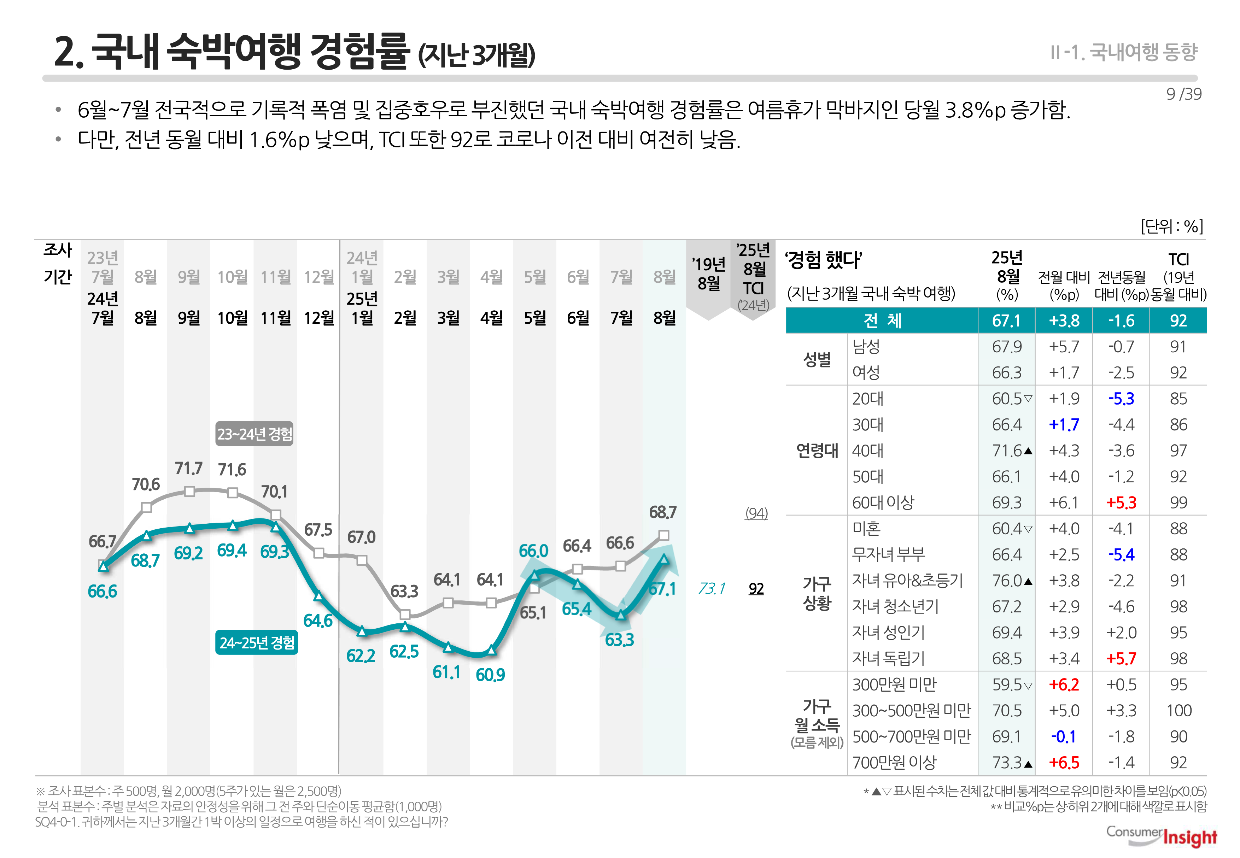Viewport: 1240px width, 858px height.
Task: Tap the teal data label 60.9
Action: point(490,675)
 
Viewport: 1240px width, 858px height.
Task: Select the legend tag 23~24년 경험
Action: point(255,434)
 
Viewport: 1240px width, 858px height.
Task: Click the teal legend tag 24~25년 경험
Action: point(257,642)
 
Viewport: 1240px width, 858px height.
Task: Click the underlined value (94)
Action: point(756,513)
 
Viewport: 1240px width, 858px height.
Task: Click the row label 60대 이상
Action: point(883,503)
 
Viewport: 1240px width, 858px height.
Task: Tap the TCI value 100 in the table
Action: point(1178,711)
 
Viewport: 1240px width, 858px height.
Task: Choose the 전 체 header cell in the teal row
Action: point(882,321)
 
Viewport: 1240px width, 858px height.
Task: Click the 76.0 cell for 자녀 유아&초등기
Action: point(1007,581)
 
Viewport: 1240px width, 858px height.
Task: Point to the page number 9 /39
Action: point(1183,94)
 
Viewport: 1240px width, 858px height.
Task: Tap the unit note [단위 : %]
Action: point(1172,226)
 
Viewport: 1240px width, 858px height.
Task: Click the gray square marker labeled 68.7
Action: point(663,535)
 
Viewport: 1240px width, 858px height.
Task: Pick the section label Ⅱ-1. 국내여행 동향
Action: point(1123,52)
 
